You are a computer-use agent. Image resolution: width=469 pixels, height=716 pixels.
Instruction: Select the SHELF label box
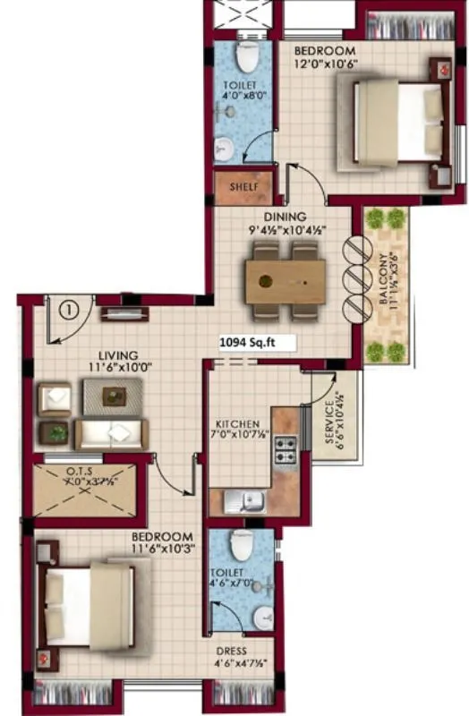click(238, 187)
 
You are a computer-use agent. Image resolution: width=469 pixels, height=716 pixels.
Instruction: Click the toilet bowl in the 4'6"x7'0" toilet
click(240, 545)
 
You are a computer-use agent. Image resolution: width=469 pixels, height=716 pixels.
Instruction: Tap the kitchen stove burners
click(285, 449)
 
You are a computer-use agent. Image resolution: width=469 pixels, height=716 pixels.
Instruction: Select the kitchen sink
click(243, 502)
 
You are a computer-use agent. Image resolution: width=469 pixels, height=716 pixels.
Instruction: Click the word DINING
click(285, 217)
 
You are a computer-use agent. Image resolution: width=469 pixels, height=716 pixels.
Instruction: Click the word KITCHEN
click(237, 423)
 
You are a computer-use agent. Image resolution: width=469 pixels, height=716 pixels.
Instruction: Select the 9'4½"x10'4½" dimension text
click(286, 230)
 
